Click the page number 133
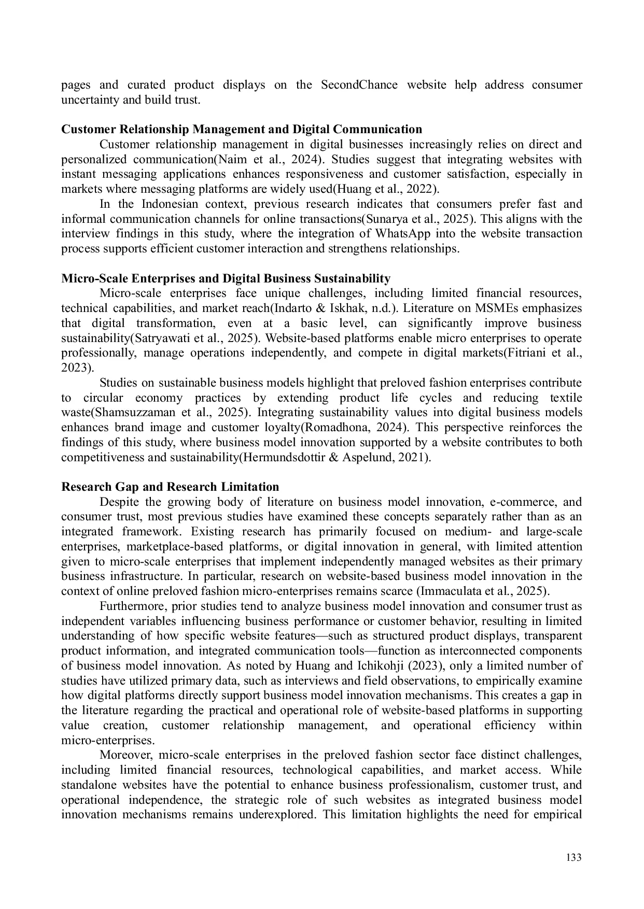click(573, 858)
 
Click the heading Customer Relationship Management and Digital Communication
click(242, 129)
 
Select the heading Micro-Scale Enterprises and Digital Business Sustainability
click(226, 279)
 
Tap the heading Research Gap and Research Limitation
click(170, 487)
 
